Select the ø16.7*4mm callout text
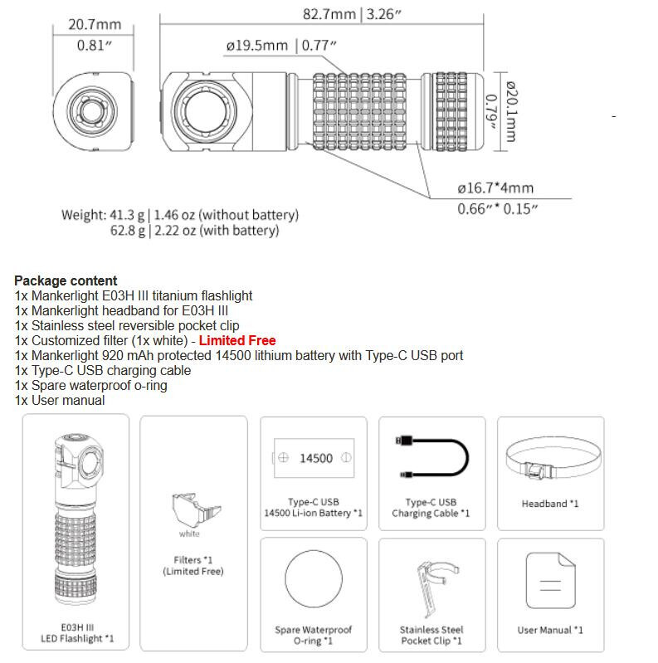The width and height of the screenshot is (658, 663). tap(496, 188)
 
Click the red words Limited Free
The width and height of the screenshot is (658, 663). tap(237, 341)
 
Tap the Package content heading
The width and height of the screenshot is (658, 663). tap(66, 281)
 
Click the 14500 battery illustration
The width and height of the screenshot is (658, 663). tap(313, 458)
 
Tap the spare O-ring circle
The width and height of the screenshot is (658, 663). tap(313, 580)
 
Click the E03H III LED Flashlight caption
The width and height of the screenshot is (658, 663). tap(76, 632)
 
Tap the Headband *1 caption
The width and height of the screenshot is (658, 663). tap(550, 504)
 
